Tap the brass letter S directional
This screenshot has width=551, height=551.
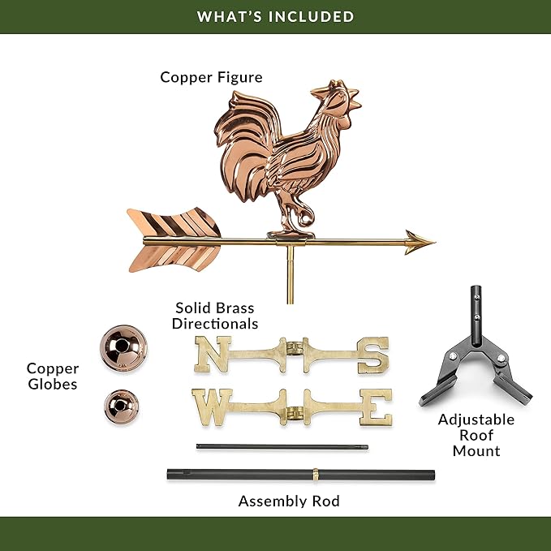[372, 355]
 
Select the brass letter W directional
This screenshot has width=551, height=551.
[213, 407]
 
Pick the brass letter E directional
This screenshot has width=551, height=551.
[376, 407]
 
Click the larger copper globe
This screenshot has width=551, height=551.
[123, 348]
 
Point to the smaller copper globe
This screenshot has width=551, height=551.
[121, 407]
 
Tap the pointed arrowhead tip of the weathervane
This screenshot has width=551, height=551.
[435, 242]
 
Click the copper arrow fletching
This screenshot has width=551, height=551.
[174, 241]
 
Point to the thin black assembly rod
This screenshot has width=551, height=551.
[282, 447]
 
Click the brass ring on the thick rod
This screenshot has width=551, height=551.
[315, 475]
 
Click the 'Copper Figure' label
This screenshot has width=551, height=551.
[211, 77]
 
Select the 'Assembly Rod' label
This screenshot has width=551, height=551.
[289, 501]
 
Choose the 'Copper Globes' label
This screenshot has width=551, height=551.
[53, 376]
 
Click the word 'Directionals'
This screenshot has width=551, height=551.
[215, 324]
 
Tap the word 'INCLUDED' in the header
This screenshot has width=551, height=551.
[312, 17]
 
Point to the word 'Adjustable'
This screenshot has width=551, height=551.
[476, 420]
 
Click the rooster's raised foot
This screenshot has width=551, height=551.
[305, 215]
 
